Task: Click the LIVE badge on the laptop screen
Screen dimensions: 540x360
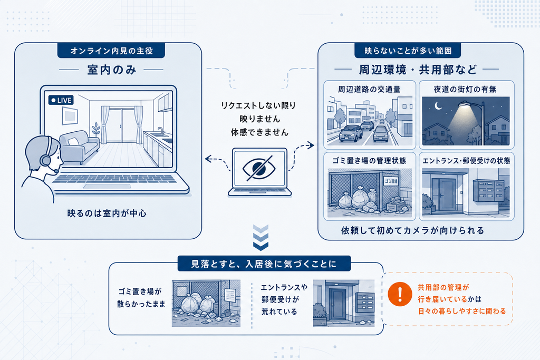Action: tap(61, 100)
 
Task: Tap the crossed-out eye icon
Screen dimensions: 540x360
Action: tap(259, 168)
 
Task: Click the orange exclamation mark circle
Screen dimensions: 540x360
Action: tap(400, 294)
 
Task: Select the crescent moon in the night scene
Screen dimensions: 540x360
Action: tap(438, 105)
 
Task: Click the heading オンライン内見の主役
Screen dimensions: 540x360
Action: tap(112, 51)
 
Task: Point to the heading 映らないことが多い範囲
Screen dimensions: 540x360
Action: tap(408, 51)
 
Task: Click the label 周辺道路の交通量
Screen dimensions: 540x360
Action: tap(369, 90)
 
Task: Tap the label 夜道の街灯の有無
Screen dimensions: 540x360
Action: tap(465, 90)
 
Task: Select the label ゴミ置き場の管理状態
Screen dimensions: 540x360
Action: tap(369, 161)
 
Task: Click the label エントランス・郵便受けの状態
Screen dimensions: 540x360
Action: tap(466, 161)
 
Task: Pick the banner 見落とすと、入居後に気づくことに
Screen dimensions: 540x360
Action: tap(264, 264)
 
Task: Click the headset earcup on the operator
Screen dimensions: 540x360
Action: tap(45, 160)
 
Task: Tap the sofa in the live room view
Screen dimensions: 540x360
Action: tap(80, 147)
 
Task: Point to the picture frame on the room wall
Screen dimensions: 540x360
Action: tap(70, 115)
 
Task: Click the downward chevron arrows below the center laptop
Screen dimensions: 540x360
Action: tap(261, 238)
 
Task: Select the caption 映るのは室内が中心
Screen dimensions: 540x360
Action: tap(107, 213)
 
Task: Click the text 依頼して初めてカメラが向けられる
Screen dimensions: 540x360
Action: tap(412, 230)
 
